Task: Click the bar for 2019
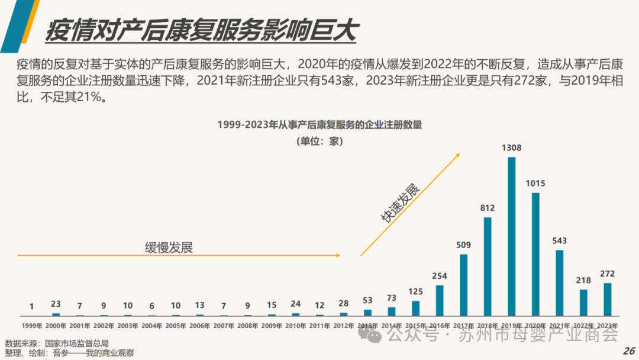[x=511, y=236]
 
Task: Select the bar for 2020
[x=535, y=254]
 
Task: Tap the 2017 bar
[x=463, y=285]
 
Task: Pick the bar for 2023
[x=608, y=299]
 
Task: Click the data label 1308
[x=511, y=148]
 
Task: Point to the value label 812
[x=488, y=208]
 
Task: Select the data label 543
[x=560, y=240]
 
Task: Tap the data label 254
[x=440, y=275]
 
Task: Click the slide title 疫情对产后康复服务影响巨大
[x=201, y=31]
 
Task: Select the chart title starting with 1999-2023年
[x=319, y=125]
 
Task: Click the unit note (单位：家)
[x=319, y=142]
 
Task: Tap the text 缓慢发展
[x=169, y=247]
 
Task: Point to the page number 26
[x=628, y=351]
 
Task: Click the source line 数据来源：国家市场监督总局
[x=57, y=343]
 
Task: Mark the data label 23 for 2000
[x=56, y=304]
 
